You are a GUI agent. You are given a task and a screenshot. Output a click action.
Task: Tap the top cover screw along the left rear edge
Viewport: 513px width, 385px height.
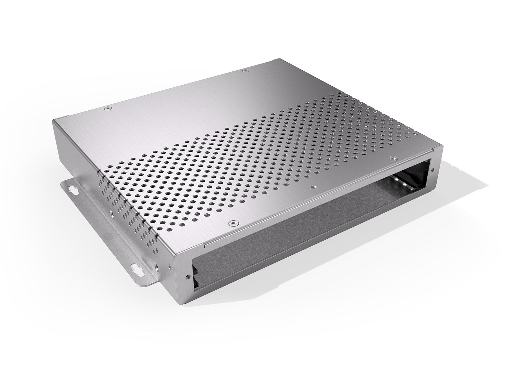[x=107, y=109]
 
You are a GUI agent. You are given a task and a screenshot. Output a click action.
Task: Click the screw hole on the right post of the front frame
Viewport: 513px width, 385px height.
[x=433, y=170]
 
